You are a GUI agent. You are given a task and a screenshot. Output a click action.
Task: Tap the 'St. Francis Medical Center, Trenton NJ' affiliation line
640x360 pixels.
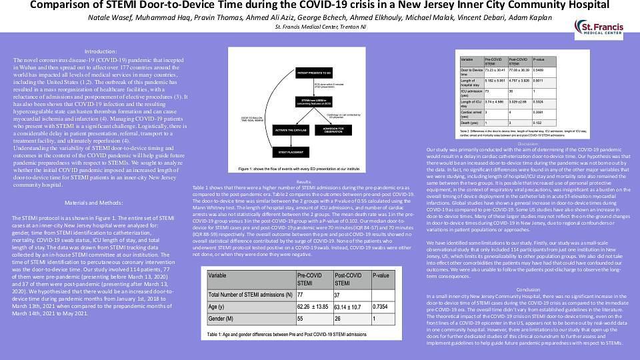(319, 27)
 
